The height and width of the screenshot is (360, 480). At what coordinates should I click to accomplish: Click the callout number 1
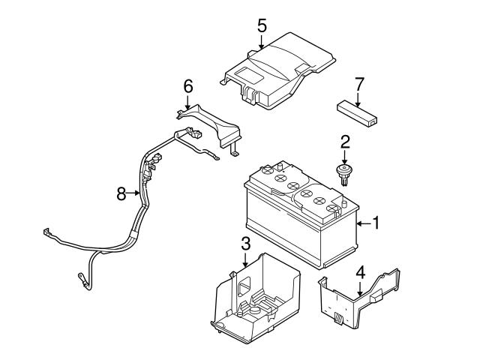(377, 223)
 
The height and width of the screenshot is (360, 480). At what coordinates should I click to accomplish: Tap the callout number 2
(345, 140)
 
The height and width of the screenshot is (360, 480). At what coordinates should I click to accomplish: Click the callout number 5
(261, 25)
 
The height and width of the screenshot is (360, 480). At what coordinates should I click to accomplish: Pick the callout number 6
(189, 88)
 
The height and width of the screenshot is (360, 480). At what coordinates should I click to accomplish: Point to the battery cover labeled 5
(277, 71)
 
